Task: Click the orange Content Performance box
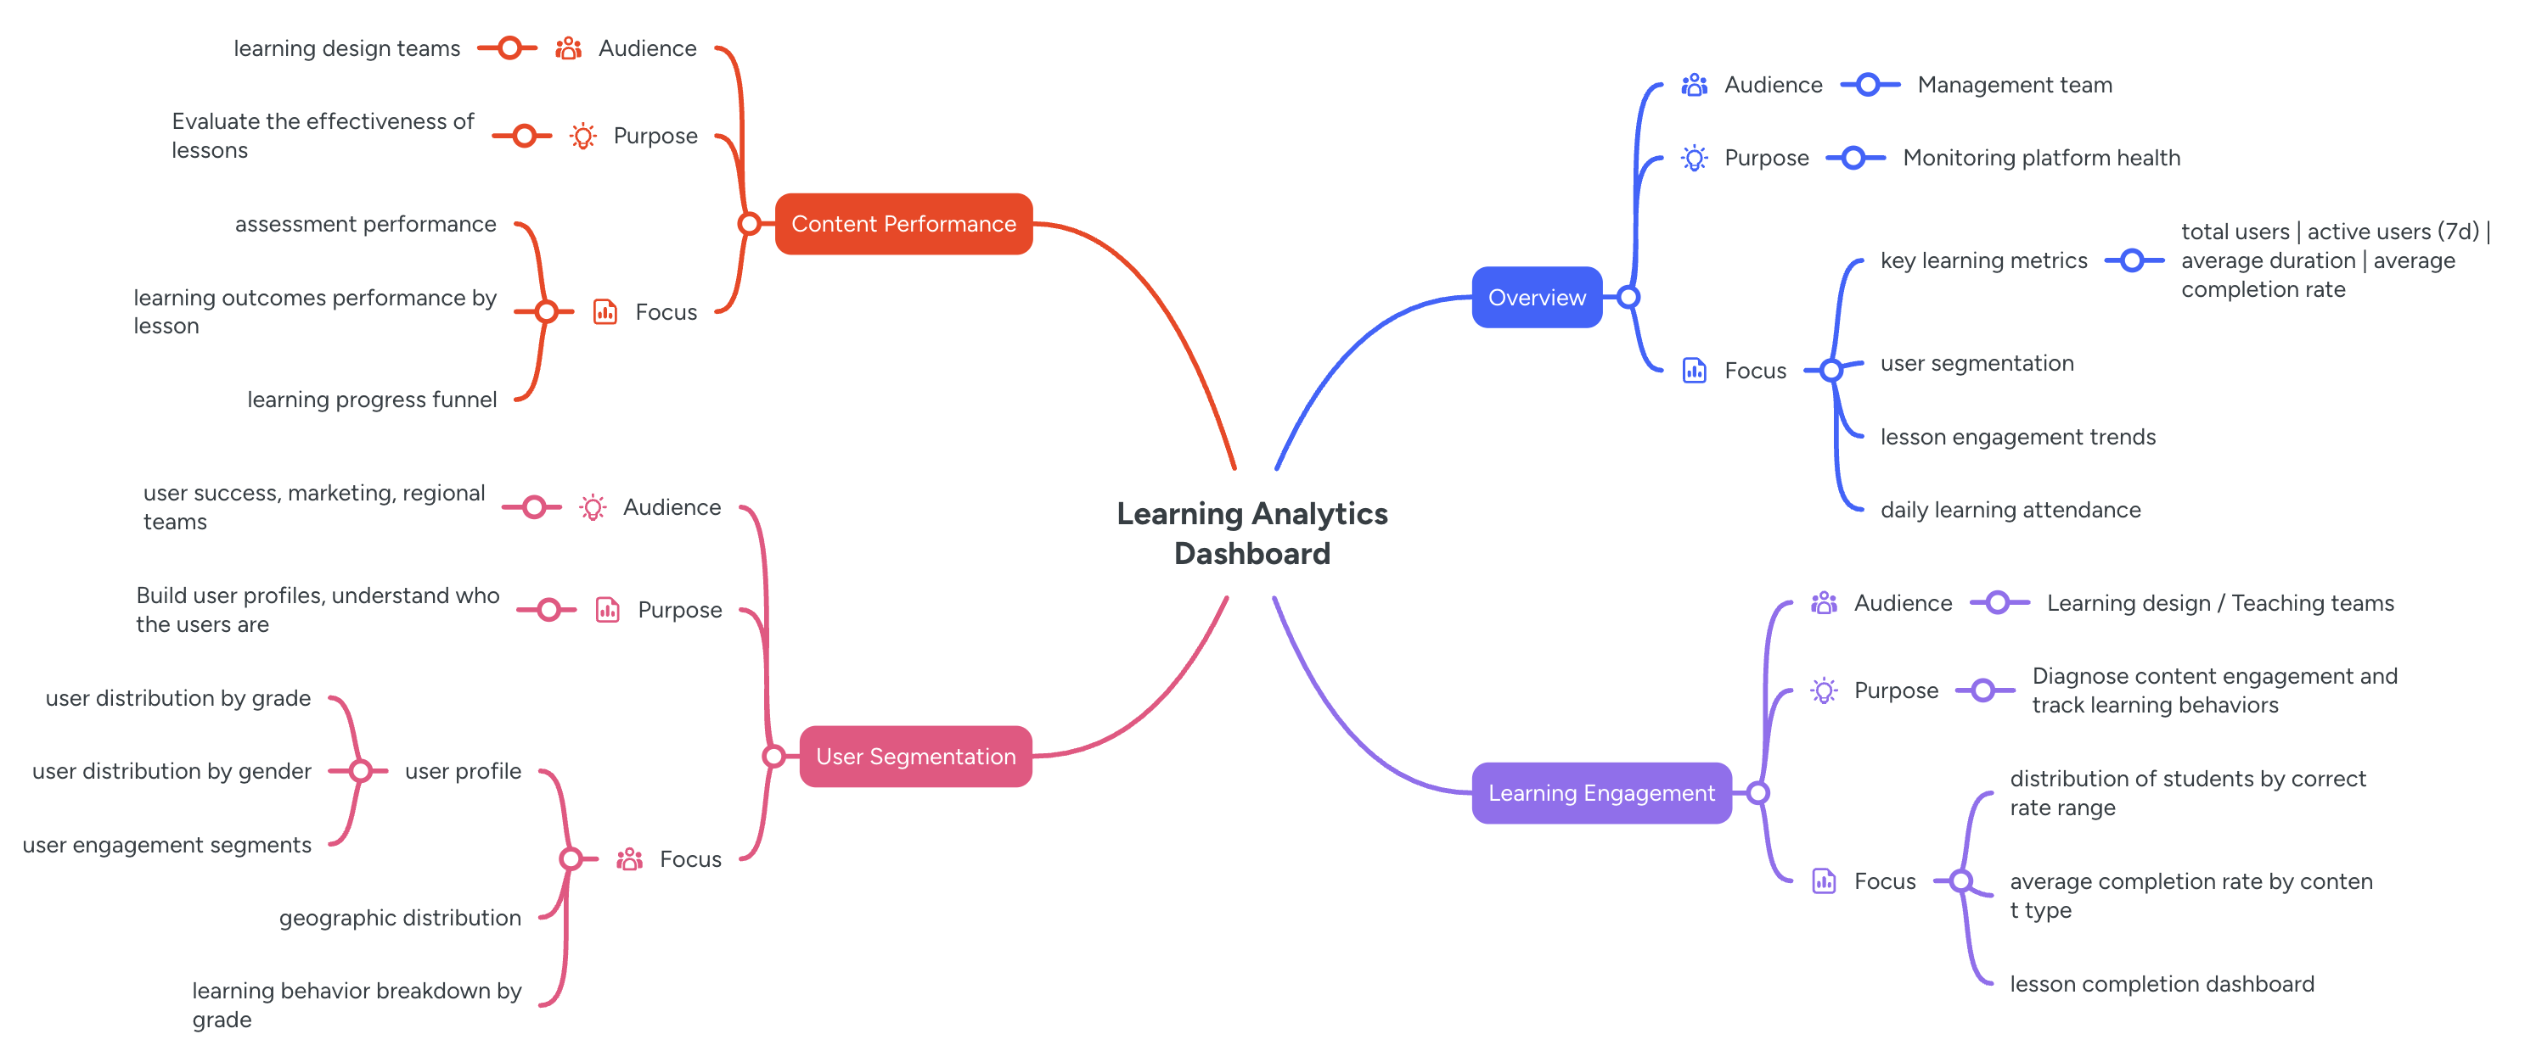(x=903, y=224)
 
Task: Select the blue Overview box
(x=1536, y=298)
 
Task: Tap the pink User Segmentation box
(x=915, y=757)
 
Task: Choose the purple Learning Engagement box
(x=1600, y=794)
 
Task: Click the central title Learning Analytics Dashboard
(x=1251, y=533)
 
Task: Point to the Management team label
(x=2015, y=85)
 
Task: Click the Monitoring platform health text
(x=2041, y=159)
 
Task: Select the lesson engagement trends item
(x=2017, y=437)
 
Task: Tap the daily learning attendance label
(x=2010, y=511)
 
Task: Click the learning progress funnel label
(x=372, y=400)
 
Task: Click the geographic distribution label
(x=400, y=918)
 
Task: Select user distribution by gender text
(x=172, y=772)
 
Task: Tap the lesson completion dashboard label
(x=2162, y=985)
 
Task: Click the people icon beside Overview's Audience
(x=1694, y=85)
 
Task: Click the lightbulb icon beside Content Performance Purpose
(x=582, y=137)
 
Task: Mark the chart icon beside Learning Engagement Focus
(x=1823, y=881)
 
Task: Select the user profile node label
(x=463, y=772)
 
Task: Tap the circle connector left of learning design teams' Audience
(x=509, y=48)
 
